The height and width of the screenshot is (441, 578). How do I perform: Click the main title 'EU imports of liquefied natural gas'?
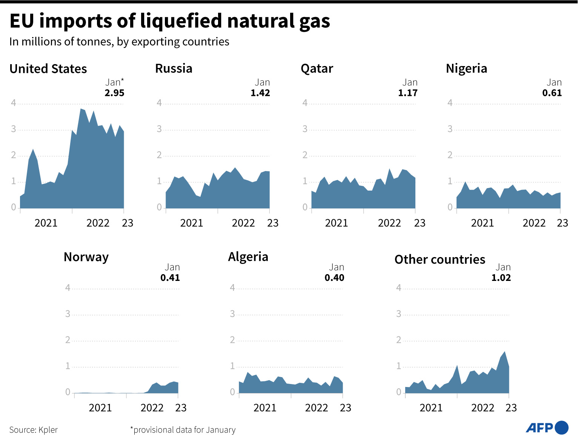[x=170, y=21]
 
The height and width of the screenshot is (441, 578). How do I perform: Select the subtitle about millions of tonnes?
[x=119, y=42]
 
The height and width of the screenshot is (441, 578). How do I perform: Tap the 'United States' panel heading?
[x=48, y=69]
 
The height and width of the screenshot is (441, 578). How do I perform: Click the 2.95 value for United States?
[x=114, y=93]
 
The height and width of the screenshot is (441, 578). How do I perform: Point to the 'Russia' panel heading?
[x=174, y=68]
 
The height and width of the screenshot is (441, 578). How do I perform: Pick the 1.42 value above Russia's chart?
[x=260, y=93]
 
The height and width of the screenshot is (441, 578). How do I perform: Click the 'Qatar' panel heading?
[x=317, y=68]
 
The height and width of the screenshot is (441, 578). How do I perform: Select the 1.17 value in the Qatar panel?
[x=408, y=93]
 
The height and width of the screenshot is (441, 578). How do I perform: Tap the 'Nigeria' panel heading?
[x=466, y=68]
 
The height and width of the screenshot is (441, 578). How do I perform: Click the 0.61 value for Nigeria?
[x=552, y=93]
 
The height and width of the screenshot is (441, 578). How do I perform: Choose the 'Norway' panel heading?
[x=86, y=257]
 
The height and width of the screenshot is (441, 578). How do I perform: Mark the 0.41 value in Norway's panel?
[x=170, y=278]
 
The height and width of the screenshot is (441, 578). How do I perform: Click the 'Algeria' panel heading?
[x=248, y=257]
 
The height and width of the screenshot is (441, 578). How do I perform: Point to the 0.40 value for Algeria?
[x=334, y=278]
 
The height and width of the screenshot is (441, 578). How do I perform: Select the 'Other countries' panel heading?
[x=440, y=259]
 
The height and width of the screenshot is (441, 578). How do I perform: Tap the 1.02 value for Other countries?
[x=501, y=278]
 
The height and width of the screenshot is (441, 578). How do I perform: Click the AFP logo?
[x=547, y=427]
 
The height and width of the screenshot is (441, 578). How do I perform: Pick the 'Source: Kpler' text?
[x=34, y=430]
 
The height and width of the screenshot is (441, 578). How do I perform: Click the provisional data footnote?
[x=183, y=430]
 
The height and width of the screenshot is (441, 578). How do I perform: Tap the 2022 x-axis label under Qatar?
[x=389, y=223]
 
